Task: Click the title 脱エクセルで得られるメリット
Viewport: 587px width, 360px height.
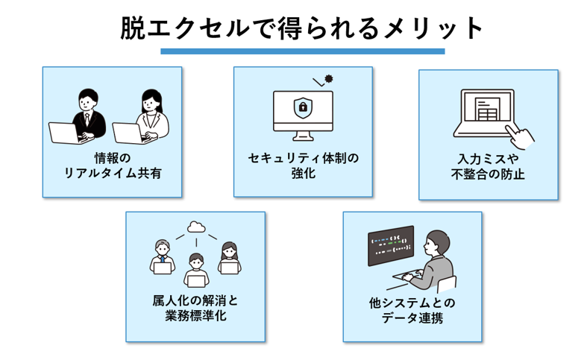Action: coord(302,28)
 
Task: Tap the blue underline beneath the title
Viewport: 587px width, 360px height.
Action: coord(302,51)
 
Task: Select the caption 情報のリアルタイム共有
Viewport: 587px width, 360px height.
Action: coord(113,165)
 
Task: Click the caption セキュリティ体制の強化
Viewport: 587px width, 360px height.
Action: coord(304,165)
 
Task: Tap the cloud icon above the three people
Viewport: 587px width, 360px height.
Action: coord(196,226)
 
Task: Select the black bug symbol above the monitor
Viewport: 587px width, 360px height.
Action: coord(329,78)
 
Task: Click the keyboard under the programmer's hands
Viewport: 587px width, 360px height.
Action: coord(406,282)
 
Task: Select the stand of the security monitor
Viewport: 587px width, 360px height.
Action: coord(303,137)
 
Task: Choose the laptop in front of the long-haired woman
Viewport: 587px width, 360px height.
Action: coord(130,133)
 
